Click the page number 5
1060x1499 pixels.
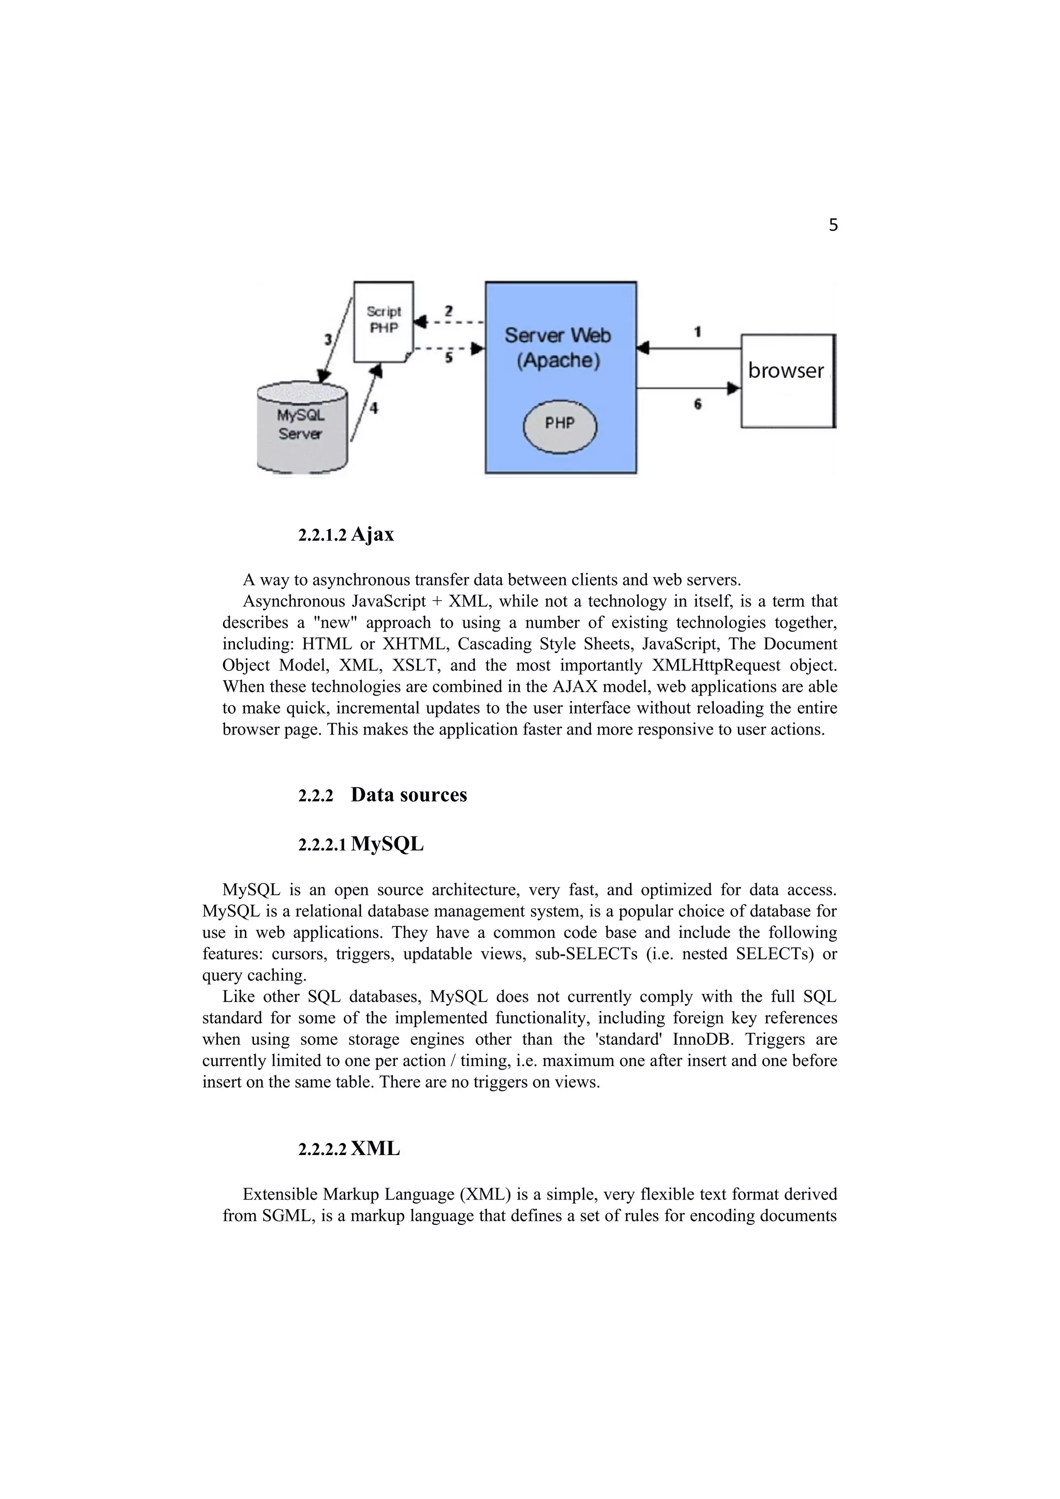(833, 225)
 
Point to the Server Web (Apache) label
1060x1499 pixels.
(558, 348)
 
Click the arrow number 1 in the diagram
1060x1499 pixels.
(698, 332)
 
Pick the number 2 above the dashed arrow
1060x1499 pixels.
(449, 311)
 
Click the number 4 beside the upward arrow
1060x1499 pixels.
(374, 409)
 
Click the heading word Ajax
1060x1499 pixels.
(372, 535)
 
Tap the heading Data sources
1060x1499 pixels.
(409, 795)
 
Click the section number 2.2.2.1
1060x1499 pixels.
(322, 846)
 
